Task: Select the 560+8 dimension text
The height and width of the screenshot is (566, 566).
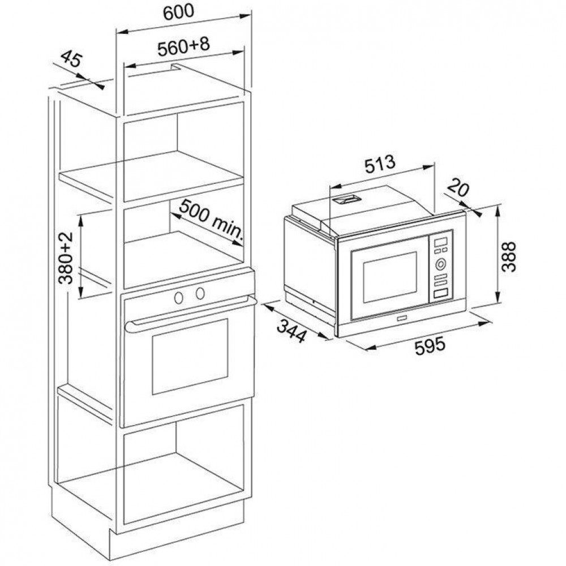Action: point(183,47)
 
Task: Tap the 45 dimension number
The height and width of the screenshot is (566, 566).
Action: point(71,59)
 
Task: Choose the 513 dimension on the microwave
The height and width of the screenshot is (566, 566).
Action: point(380,164)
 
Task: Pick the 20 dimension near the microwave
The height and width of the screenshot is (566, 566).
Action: point(458,189)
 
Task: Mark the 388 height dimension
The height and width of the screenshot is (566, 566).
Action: point(509,256)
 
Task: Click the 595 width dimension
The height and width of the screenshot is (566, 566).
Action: point(430,346)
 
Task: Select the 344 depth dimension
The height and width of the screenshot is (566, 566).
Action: point(291,331)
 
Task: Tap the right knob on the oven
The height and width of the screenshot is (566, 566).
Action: point(200,293)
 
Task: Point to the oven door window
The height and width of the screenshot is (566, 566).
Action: point(190,357)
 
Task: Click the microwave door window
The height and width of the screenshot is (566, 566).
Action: point(390,277)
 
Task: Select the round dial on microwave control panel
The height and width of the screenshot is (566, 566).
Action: point(440,264)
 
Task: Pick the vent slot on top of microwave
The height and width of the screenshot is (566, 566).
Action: point(346,199)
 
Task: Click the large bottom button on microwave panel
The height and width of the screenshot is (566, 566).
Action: point(440,293)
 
